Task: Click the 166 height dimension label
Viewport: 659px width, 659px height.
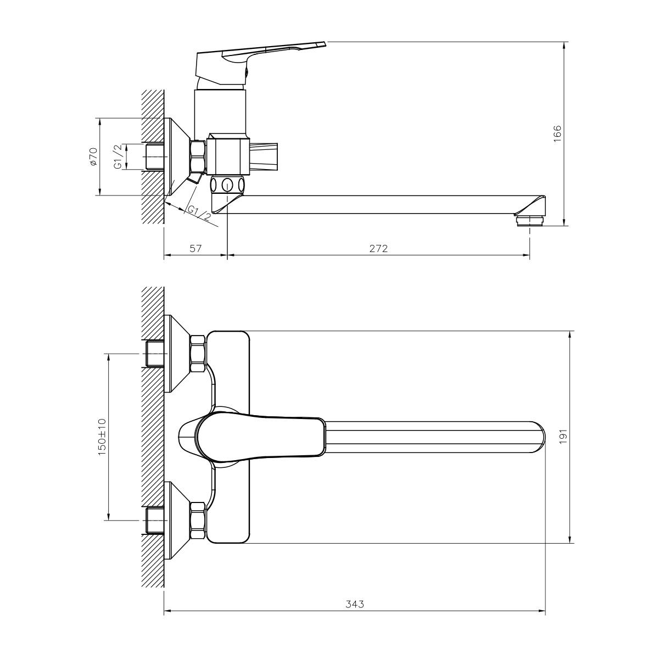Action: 557,133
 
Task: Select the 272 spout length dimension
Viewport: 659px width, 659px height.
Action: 378,248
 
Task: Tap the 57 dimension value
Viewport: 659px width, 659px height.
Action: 195,248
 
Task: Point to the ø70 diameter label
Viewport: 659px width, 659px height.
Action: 93,157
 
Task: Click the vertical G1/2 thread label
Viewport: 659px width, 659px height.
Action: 116,157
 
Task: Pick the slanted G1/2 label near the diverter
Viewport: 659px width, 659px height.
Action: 199,213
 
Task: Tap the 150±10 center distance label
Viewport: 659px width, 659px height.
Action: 102,437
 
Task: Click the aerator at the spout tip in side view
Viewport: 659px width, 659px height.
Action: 530,220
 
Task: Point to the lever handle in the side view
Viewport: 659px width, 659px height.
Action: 258,58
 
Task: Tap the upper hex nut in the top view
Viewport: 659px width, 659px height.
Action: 197,354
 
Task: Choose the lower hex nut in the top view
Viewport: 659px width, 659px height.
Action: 197,520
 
